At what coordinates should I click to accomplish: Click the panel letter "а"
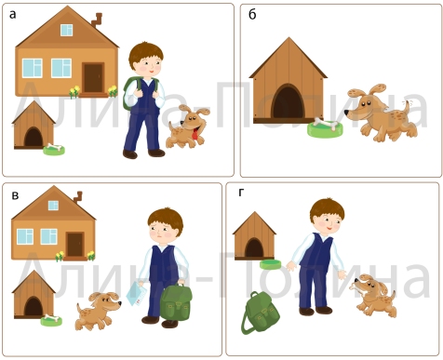coord(12,15)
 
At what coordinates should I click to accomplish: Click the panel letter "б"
coord(252,14)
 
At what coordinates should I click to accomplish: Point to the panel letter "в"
coord(15,195)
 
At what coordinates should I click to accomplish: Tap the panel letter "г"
coord(241,193)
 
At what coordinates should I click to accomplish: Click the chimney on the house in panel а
coord(97,20)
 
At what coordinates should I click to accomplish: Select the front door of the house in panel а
coord(93,77)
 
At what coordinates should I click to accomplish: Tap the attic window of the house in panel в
coord(53,206)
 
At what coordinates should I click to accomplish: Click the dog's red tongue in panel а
coord(195,134)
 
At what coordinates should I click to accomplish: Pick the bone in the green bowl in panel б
coord(326,124)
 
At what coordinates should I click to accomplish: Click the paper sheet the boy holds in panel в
coord(137,293)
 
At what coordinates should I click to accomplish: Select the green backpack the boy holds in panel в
coord(176,302)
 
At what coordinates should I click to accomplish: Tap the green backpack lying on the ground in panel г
coord(260,313)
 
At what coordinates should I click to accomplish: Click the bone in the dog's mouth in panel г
coord(358,288)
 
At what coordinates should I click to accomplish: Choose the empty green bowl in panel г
coord(270,264)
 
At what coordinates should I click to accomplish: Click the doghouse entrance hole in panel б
coord(289,101)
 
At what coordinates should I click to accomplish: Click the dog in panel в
coord(97,311)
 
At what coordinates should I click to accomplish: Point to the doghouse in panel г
coord(254,236)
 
